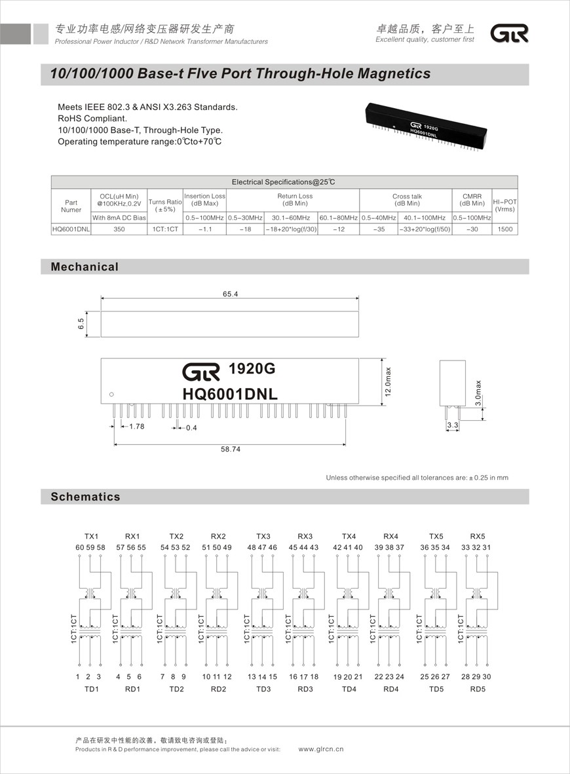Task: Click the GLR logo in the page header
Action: [x=509, y=33]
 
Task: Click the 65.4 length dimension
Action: [x=230, y=294]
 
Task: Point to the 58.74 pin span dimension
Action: [x=230, y=450]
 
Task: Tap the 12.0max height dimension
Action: [x=388, y=381]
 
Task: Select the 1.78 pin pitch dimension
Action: [x=136, y=427]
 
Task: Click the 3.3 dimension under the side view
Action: [x=451, y=426]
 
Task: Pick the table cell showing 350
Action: [x=119, y=229]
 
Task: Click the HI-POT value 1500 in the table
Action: [x=504, y=229]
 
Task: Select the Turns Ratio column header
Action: [x=164, y=205]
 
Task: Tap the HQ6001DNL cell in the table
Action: [x=71, y=229]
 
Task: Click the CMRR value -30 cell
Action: [x=472, y=229]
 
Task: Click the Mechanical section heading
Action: [x=85, y=267]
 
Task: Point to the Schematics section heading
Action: [x=85, y=497]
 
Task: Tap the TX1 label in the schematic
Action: [x=91, y=536]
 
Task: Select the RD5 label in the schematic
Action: [x=478, y=689]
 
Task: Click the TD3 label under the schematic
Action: [x=263, y=689]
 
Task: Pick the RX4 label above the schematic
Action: [x=390, y=536]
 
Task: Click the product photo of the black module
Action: [x=426, y=126]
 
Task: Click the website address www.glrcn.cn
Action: [x=321, y=748]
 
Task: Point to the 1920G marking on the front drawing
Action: [x=252, y=370]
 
